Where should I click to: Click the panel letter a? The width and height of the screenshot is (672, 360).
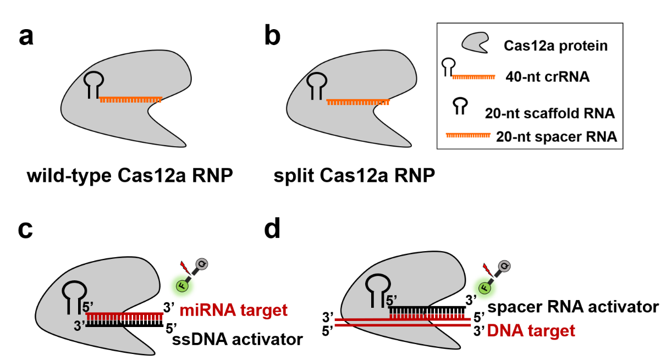(x=26, y=37)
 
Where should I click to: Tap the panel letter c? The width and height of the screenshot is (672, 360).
(x=26, y=230)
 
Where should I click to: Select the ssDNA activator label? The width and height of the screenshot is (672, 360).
(x=238, y=339)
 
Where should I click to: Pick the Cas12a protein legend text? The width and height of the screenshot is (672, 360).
(x=556, y=46)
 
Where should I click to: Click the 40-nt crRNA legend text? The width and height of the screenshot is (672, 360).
(x=548, y=77)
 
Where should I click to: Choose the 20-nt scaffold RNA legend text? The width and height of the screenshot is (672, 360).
(x=549, y=114)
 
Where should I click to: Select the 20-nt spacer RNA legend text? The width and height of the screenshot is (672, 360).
(x=556, y=137)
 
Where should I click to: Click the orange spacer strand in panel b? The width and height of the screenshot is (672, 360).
(x=358, y=102)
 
